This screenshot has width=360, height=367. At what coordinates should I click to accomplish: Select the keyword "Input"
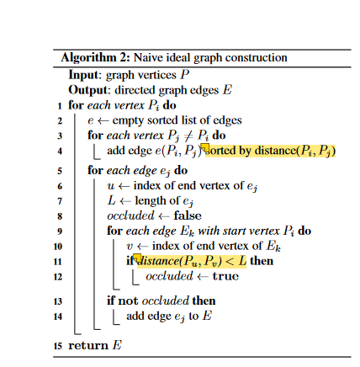[85, 74]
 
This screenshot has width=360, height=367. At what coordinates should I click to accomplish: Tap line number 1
[59, 106]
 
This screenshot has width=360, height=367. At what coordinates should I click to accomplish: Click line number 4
[59, 152]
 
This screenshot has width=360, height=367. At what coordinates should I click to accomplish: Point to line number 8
[59, 215]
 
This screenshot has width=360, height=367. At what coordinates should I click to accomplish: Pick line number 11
[57, 262]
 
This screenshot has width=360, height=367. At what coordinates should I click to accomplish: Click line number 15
[57, 344]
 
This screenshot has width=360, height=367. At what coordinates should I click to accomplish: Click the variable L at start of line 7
[111, 200]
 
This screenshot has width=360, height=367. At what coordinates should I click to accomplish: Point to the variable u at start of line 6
[111, 185]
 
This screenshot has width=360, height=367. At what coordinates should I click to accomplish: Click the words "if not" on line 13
[123, 301]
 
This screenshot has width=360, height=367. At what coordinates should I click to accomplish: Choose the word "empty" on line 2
[130, 121]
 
